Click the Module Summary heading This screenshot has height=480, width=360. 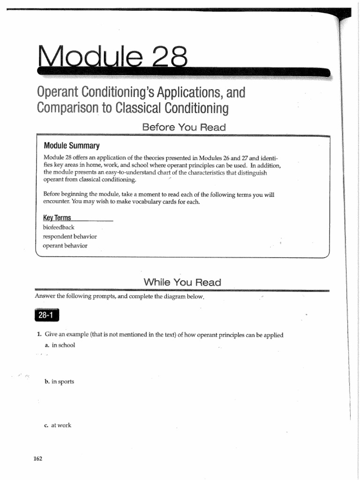click(71, 145)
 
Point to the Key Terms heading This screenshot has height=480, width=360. click(57, 217)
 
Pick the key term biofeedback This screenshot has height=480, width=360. click(58, 227)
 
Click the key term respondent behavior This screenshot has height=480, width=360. click(69, 236)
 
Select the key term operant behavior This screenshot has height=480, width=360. click(65, 245)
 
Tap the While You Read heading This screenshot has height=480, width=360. click(182, 282)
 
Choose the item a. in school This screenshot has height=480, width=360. click(60, 345)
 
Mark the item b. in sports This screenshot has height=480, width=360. click(59, 382)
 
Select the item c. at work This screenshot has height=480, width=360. click(58, 425)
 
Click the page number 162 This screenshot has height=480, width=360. click(37, 458)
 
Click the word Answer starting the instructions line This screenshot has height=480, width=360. click(45, 297)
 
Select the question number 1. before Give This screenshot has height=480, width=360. click(39, 335)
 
